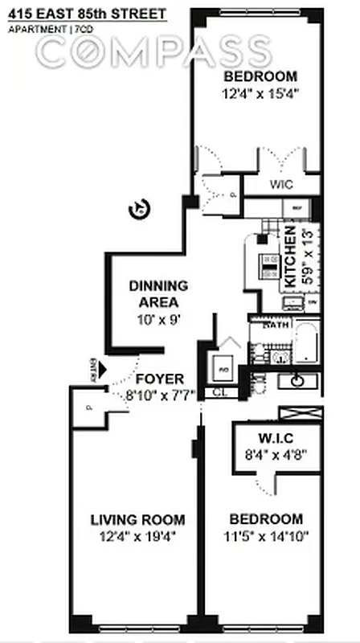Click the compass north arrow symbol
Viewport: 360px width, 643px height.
(x=139, y=210)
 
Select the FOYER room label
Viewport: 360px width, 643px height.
(x=158, y=379)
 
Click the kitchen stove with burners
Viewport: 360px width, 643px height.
(x=267, y=261)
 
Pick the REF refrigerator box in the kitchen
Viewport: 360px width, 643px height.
(x=297, y=207)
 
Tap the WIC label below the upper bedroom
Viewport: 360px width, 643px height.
(x=280, y=184)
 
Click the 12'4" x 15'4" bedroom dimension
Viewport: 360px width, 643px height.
(x=260, y=93)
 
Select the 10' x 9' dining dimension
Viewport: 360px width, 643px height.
(x=158, y=318)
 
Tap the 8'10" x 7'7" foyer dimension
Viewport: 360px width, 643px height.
(x=159, y=395)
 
